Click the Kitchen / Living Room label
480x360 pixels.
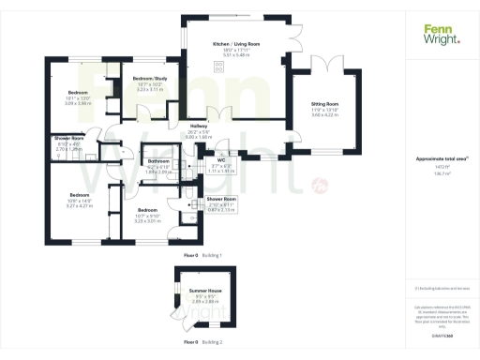tap(235, 44)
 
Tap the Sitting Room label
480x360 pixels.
tap(325, 103)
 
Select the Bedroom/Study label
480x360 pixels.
tap(150, 78)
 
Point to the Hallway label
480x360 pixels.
tap(199, 126)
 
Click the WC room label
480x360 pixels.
tap(221, 159)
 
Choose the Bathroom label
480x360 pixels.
tap(158, 161)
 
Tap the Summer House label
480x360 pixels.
tap(203, 291)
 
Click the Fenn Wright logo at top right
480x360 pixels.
tap(442, 35)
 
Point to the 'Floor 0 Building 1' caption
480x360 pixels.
tap(208, 254)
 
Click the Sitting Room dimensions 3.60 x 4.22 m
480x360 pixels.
tap(325, 116)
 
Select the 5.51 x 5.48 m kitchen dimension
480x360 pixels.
tap(235, 56)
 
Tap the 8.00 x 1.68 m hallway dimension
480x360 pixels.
tap(199, 138)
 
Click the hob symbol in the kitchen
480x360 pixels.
tap(220, 65)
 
